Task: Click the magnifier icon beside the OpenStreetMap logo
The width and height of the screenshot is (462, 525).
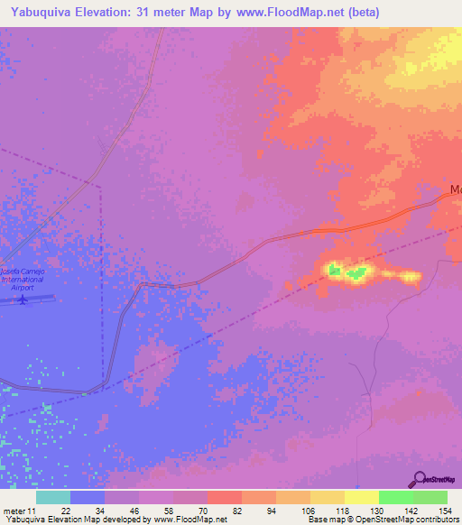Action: (x=419, y=479)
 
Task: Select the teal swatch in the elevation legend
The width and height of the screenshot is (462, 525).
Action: (x=52, y=497)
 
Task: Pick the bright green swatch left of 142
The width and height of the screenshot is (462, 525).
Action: (x=395, y=497)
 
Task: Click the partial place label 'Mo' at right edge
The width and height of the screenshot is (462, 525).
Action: (x=456, y=191)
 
